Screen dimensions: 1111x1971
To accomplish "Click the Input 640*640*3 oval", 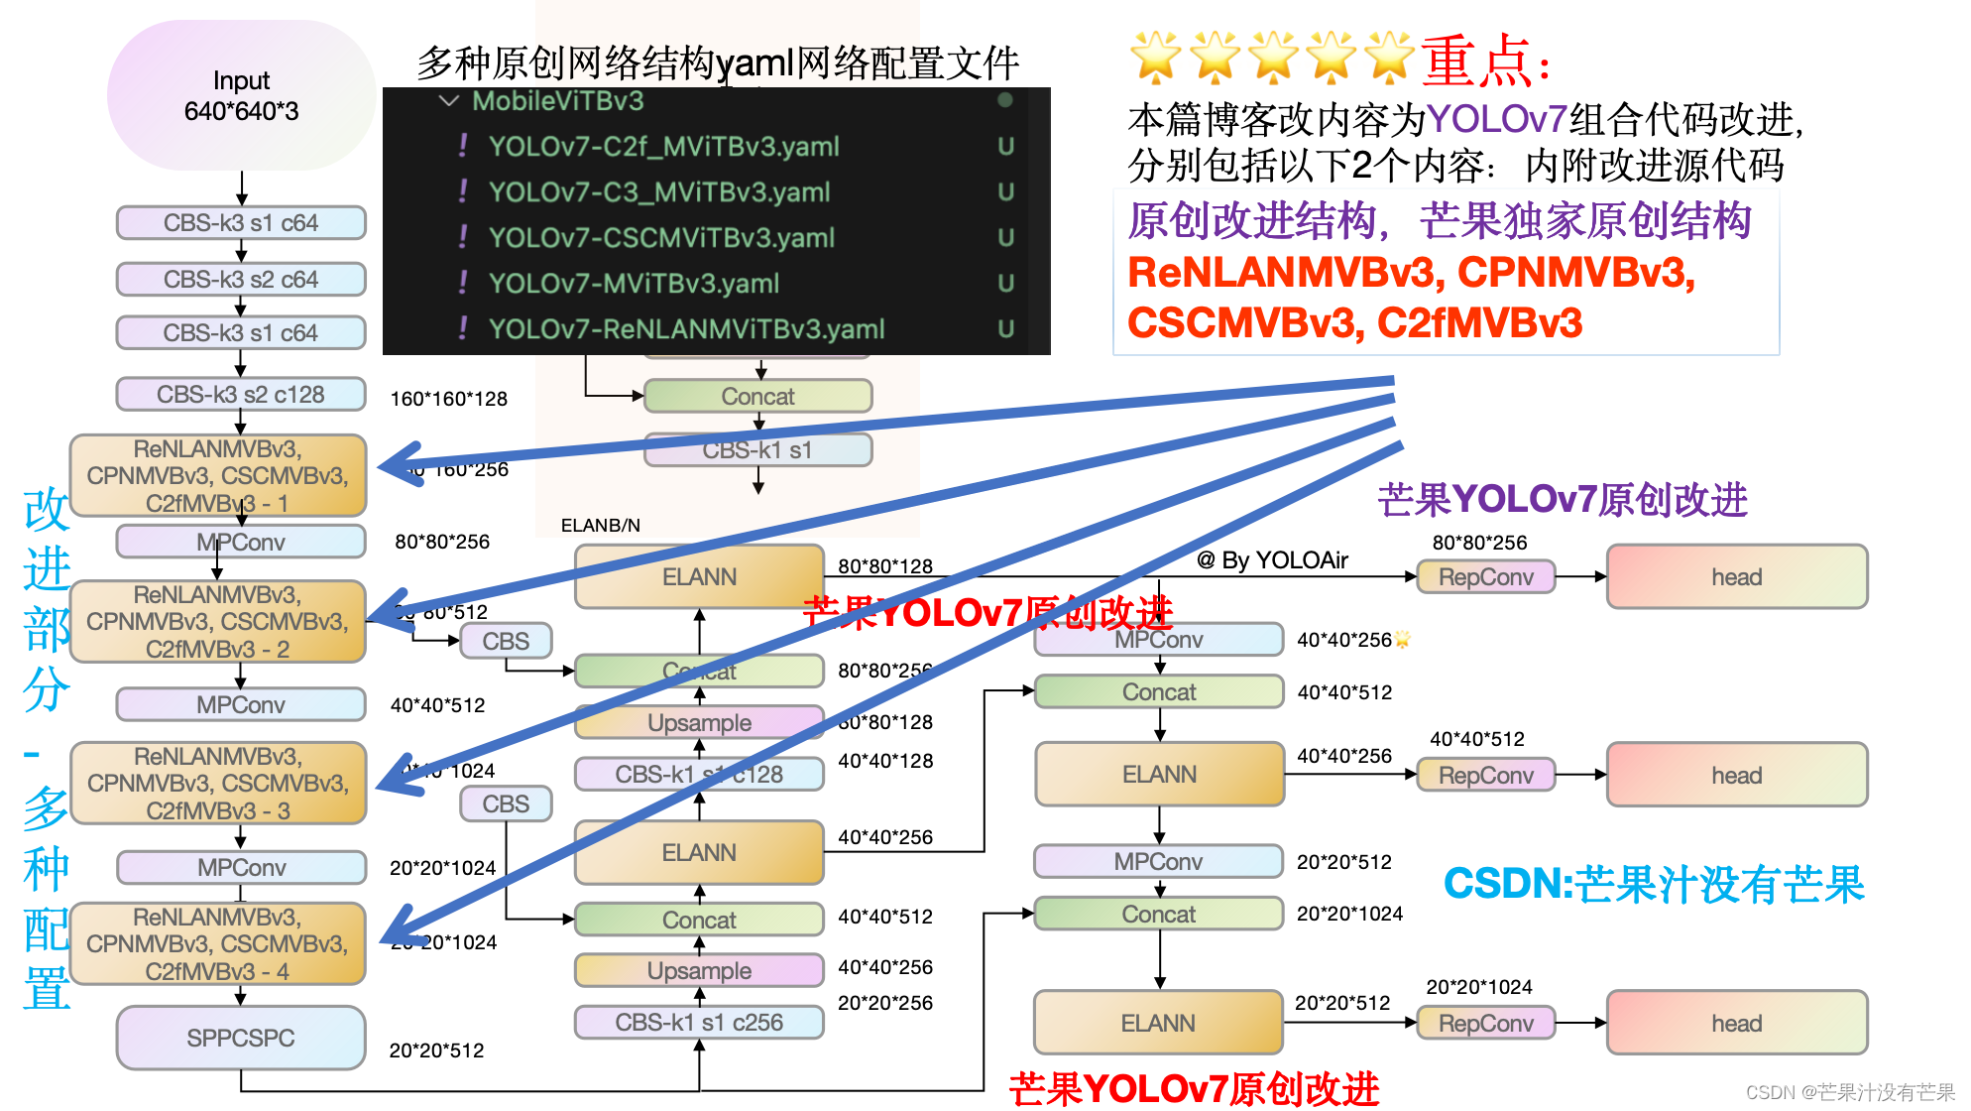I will click(x=241, y=95).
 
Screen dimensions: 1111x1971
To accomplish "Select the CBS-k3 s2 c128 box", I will click(x=241, y=395).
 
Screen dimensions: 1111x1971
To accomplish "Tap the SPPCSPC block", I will click(x=241, y=1038).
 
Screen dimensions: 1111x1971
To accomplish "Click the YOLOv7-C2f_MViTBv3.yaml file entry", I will click(x=663, y=147).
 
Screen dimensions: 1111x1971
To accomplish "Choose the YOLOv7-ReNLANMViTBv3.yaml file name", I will click(x=686, y=329).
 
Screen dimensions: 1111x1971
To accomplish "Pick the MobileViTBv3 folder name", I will click(x=557, y=101).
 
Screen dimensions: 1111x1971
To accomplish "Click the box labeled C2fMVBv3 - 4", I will click(x=218, y=943).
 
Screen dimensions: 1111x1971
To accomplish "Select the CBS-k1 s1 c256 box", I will click(x=699, y=1022).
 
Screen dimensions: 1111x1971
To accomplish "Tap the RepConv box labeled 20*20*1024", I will click(x=1485, y=1023).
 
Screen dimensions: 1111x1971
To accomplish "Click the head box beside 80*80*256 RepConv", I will click(x=1737, y=577).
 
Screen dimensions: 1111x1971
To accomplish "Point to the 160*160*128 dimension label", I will click(x=448, y=399).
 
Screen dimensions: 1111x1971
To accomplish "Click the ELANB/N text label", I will click(x=601, y=525).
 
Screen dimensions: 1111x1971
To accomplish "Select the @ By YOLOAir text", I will click(x=1272, y=560).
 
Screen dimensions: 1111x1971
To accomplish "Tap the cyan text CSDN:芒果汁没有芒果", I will click(x=1654, y=884).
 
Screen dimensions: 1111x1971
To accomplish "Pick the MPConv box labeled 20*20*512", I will click(x=1158, y=861).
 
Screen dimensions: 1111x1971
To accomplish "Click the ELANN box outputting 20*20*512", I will click(x=1158, y=1023).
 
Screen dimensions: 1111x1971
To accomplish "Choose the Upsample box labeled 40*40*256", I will click(x=699, y=970).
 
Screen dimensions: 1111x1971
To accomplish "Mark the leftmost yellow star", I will click(x=1155, y=58).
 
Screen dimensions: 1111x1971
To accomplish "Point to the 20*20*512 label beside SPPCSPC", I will click(x=436, y=1050).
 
